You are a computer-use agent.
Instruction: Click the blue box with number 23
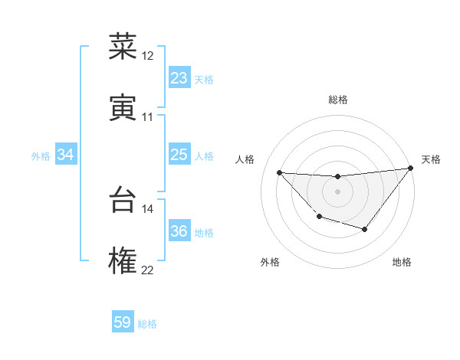[179, 77]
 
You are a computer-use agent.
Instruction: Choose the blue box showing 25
[179, 155]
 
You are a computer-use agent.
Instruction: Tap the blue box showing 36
[179, 231]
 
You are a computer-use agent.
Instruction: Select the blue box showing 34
[66, 155]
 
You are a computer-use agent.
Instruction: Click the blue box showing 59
[123, 322]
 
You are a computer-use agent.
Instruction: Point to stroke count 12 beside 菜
[148, 56]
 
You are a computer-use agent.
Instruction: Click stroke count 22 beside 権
[148, 270]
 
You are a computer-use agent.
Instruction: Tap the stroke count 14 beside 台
[148, 208]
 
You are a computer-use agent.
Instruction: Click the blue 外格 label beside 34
[41, 156]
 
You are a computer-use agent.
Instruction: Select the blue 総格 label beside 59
[147, 324]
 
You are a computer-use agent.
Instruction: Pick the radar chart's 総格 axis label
[337, 100]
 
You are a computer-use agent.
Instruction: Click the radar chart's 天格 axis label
[432, 159]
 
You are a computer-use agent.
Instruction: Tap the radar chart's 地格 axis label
[402, 262]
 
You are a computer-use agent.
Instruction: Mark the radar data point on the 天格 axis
[411, 169]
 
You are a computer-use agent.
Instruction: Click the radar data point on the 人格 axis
[279, 172]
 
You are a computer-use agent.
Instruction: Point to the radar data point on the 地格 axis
[365, 229]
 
